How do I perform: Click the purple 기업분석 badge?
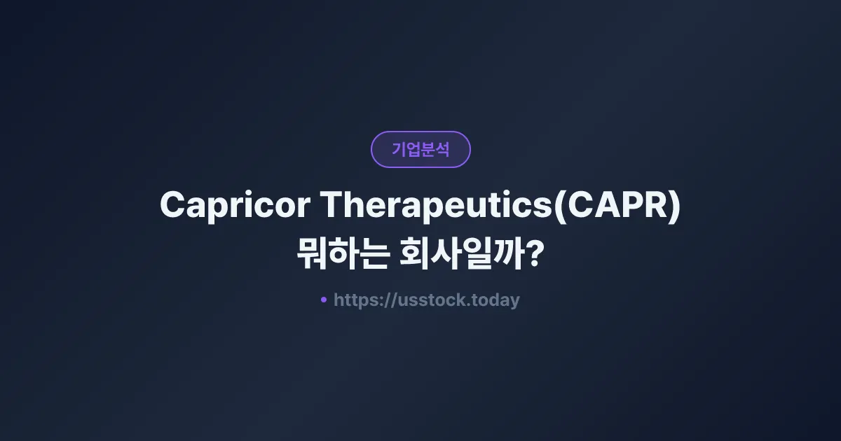coord(420,149)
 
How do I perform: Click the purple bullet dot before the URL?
coord(324,300)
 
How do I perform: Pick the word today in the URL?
coord(496,300)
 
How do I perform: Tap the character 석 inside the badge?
coord(442,149)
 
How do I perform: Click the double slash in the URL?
coord(390,300)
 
